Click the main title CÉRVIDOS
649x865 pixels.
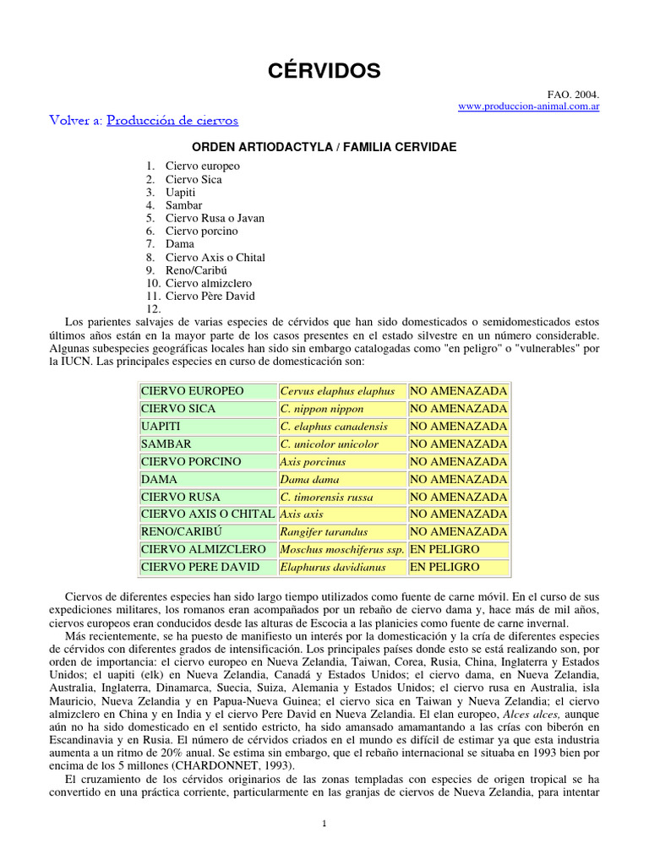coord(324,71)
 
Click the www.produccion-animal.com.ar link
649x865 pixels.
coord(528,107)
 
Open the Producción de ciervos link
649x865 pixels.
coord(172,121)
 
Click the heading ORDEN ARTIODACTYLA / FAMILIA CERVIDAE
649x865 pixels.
coord(324,147)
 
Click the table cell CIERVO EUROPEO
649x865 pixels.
coord(192,391)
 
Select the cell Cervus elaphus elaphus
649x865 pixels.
coord(337,391)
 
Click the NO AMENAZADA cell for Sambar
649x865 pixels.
coord(459,444)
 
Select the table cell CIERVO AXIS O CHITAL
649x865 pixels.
coord(207,514)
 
